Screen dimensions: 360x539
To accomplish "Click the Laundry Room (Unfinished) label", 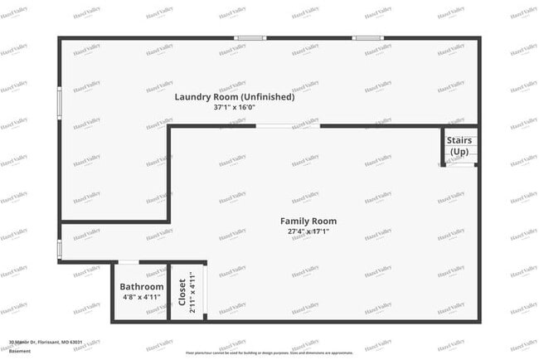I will coord(234,97).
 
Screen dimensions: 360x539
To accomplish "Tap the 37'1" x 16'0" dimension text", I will coord(234,107).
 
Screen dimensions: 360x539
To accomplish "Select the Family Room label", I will coord(308,221).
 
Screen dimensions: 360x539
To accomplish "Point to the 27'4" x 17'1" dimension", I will coord(308,231).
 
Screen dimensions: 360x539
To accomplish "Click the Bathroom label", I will coord(143,286).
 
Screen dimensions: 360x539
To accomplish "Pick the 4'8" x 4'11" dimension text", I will coord(143,296).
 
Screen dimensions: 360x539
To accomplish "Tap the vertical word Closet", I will coord(182,293).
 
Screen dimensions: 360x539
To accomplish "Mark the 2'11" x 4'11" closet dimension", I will coord(192,293).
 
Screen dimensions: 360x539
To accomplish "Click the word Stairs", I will coord(459,140).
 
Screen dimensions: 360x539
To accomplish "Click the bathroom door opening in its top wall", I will coord(129,262).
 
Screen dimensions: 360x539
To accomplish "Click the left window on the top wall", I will coord(250,37).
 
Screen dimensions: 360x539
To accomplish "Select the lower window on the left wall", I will coord(59,249).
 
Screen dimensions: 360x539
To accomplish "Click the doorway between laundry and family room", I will coord(287,126).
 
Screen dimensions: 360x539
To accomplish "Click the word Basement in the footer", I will coord(19,350).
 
